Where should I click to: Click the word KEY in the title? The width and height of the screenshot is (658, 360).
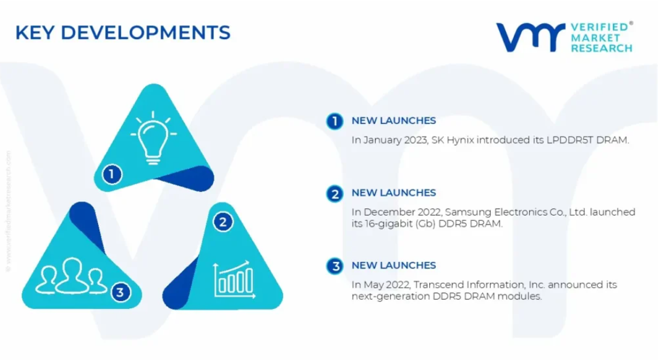35,33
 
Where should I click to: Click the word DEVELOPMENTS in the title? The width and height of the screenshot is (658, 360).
146,33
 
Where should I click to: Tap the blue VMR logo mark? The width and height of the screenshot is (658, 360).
531,37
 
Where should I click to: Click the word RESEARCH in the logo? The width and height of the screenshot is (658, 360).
601,49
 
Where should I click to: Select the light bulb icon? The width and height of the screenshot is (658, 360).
153,138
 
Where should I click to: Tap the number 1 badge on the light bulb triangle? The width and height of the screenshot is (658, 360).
111,174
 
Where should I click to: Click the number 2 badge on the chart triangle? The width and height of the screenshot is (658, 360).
223,222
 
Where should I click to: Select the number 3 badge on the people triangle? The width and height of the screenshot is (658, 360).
120,292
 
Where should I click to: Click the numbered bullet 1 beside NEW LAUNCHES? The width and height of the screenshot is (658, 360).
335,121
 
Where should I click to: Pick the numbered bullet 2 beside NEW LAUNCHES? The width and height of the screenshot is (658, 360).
335,194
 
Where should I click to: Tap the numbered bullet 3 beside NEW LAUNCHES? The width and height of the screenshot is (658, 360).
335,266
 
